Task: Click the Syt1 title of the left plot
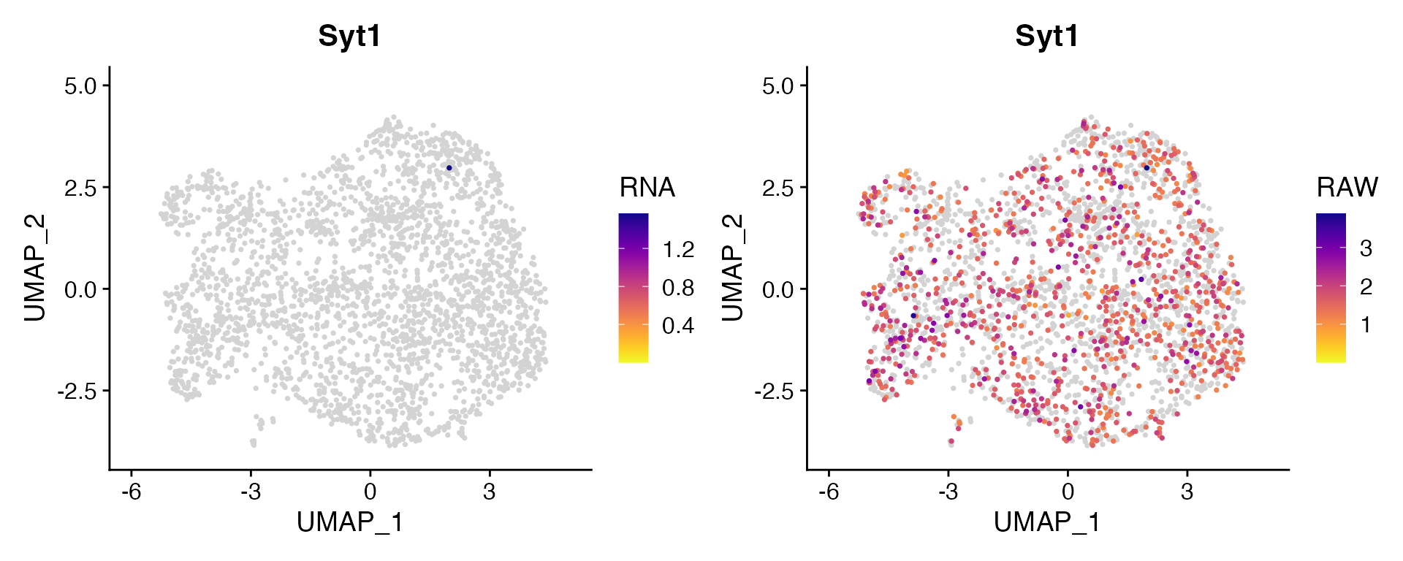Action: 349,36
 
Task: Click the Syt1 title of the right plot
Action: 1046,36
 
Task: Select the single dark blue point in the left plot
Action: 449,168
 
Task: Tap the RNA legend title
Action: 647,188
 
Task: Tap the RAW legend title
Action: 1347,188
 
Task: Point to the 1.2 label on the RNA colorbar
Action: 678,250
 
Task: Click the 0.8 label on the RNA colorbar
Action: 678,288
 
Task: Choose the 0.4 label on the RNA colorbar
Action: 678,326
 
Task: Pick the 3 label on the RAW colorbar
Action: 1366,249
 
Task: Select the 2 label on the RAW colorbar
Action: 1366,287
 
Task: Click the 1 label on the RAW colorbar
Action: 1366,325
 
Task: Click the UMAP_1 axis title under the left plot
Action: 349,522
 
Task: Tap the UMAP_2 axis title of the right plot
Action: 732,268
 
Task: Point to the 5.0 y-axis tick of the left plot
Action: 80,86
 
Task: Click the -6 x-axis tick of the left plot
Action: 132,492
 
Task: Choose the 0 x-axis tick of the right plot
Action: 1068,492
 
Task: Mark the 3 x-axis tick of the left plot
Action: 489,492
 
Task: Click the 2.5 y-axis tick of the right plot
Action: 777,188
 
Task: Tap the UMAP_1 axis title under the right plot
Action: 1046,522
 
